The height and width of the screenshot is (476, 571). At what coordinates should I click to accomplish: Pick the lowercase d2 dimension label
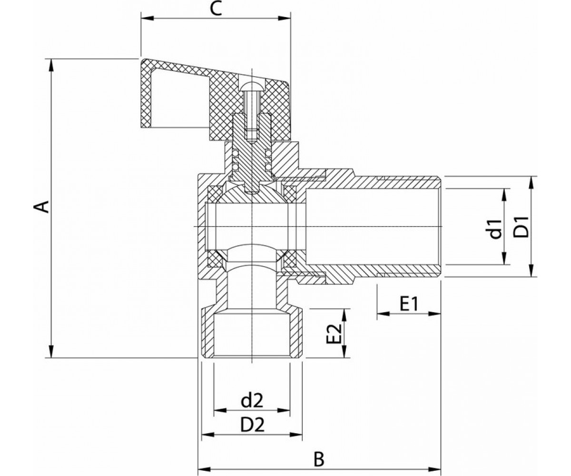[x=252, y=401]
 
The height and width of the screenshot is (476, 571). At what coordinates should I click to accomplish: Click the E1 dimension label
[x=409, y=304]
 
